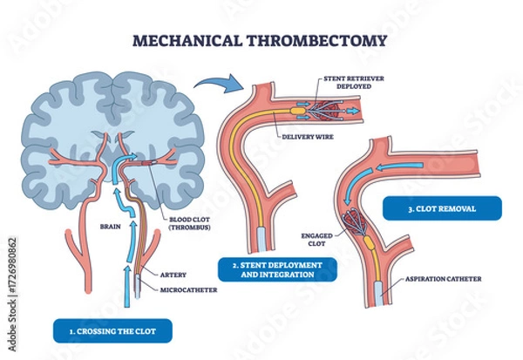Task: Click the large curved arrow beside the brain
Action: click(216, 85)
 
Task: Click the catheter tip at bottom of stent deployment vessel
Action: click(263, 238)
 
